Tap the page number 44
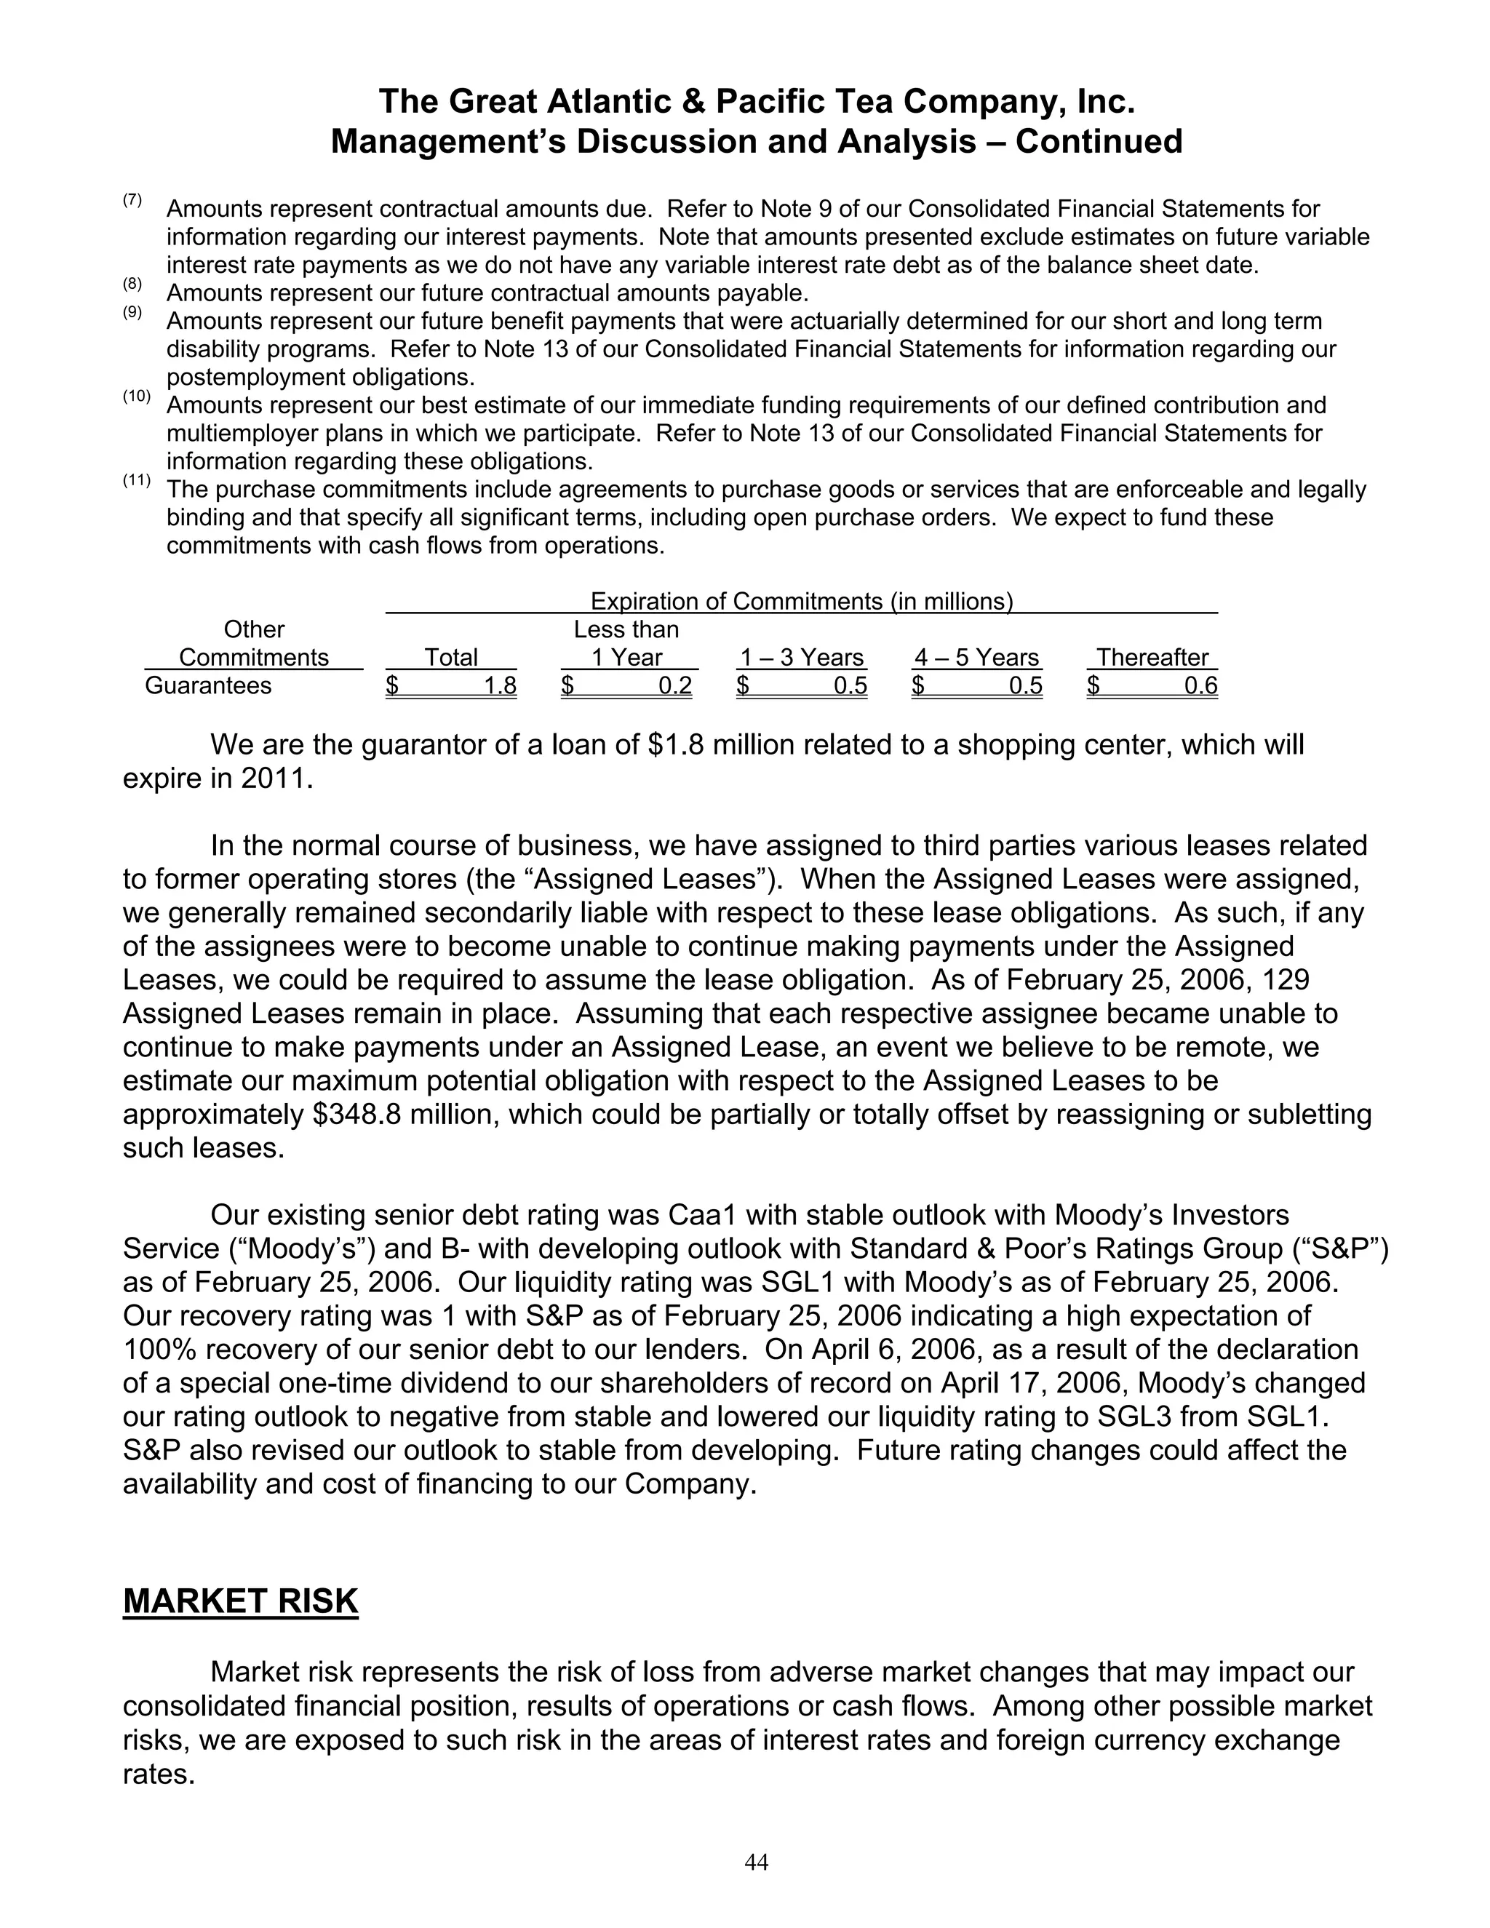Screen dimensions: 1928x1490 (757, 1862)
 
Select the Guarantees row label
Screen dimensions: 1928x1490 (207, 686)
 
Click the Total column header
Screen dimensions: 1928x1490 (451, 658)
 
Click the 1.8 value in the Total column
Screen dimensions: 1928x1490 (500, 686)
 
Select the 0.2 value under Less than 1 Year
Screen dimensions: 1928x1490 (675, 686)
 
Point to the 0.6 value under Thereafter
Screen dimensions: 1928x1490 (1200, 686)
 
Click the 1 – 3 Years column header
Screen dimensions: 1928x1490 (802, 658)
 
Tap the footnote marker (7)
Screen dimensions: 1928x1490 (132, 199)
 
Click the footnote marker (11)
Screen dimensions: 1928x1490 (136, 481)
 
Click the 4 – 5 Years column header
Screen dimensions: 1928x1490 (976, 658)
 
